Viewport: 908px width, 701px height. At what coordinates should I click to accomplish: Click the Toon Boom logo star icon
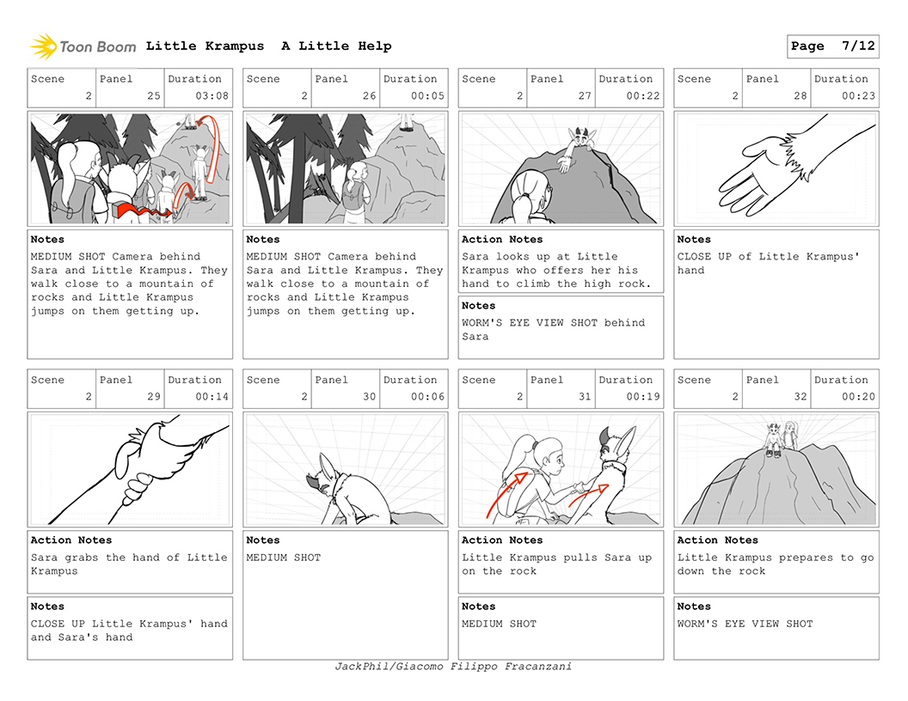(44, 47)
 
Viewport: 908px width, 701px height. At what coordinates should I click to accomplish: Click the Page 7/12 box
(832, 46)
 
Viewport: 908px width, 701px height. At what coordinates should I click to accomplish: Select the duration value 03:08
(212, 96)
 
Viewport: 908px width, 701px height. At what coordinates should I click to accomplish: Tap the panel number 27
(585, 96)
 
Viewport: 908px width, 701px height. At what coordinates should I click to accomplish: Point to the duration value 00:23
(858, 96)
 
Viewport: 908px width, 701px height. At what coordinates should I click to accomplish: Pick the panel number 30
(370, 397)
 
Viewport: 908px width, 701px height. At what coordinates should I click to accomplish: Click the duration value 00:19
(643, 397)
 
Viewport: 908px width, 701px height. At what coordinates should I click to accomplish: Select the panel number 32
(801, 397)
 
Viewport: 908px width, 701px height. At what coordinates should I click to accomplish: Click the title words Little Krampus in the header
(205, 46)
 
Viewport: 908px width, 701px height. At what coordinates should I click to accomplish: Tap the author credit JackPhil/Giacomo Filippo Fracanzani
(453, 667)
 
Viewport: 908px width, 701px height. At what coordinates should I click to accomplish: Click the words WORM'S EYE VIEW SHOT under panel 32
(745, 624)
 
